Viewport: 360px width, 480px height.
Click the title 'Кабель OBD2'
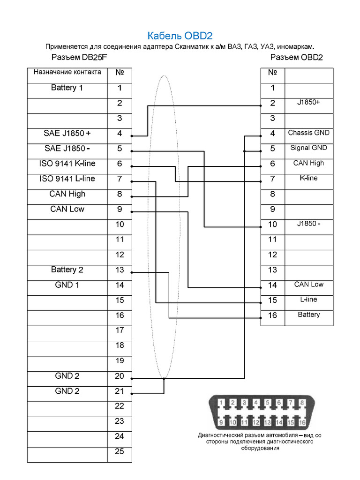tap(180, 36)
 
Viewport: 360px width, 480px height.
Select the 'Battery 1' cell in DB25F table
tap(67, 88)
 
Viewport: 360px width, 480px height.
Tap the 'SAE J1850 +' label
tap(67, 134)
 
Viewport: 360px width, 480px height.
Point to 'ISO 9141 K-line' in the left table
tap(67, 164)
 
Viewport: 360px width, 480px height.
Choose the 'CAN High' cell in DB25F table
tap(67, 194)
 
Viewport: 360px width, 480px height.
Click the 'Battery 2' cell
tap(67, 270)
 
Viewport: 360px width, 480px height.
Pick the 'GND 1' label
tap(67, 285)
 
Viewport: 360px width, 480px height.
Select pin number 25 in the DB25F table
tap(120, 451)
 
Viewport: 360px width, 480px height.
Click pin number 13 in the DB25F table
tap(120, 270)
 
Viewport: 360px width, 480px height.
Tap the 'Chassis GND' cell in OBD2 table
tap(308, 133)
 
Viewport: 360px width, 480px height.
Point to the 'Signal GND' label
tap(308, 148)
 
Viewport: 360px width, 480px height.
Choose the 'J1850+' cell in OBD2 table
tap(308, 102)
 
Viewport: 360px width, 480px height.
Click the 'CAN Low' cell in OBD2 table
tap(308, 284)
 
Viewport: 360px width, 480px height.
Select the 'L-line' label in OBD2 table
tap(308, 300)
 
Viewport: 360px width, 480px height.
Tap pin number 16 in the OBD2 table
tap(272, 315)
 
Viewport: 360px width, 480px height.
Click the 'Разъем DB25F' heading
tap(79, 58)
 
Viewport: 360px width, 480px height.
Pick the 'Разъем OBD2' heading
tap(297, 58)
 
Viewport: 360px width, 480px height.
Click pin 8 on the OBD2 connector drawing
tap(302, 402)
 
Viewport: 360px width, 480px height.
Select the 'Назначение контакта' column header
tap(67, 73)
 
